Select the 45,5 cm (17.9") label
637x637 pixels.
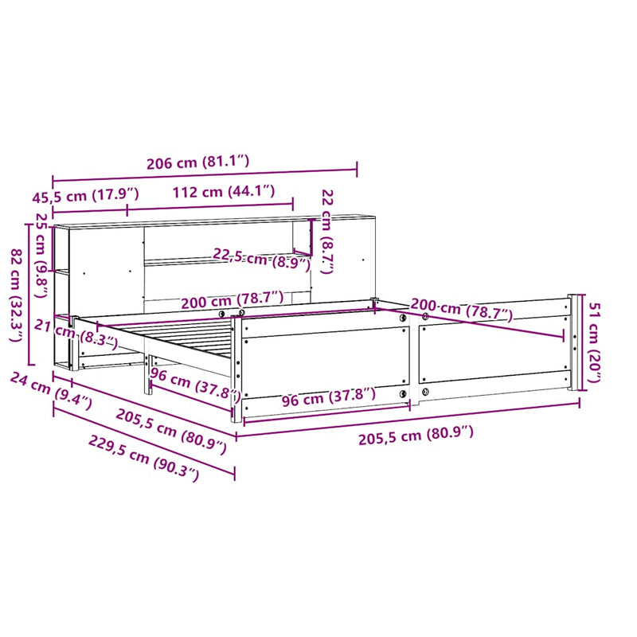(88, 194)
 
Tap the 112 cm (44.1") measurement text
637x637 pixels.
(223, 191)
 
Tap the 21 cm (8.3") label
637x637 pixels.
(76, 333)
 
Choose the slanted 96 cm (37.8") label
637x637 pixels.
(195, 385)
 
